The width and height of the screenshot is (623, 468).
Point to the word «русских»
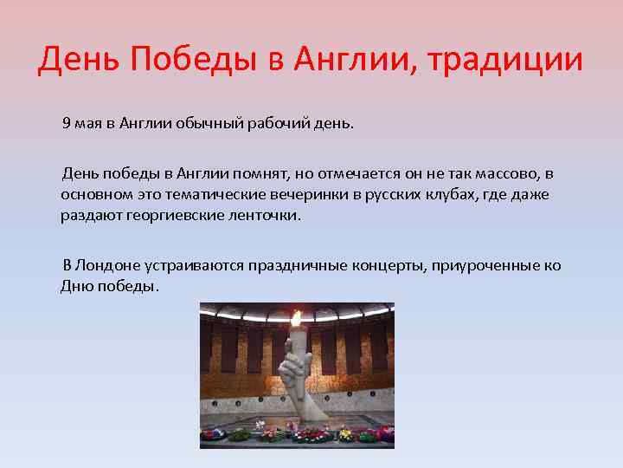click(388, 194)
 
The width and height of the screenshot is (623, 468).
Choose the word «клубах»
click(450, 194)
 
